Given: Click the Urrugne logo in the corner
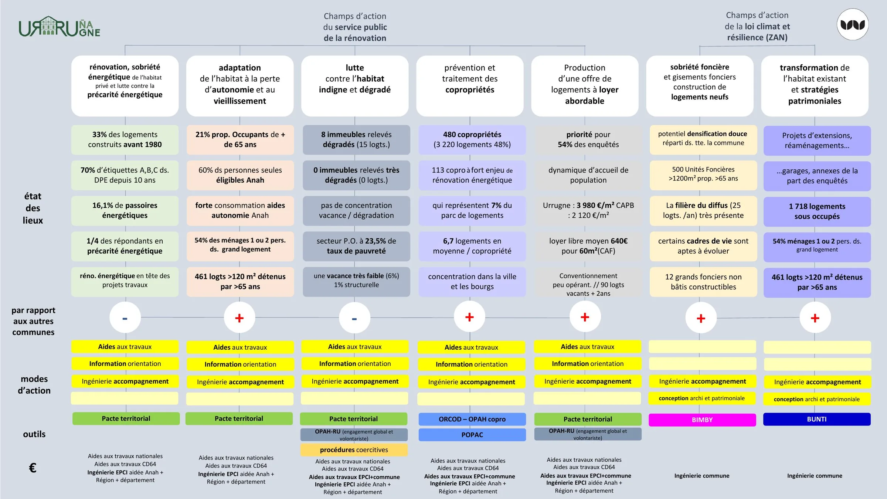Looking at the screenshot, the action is coord(60,27).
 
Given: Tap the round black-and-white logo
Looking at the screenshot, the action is coord(853,24).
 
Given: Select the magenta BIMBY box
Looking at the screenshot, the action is coord(702,420).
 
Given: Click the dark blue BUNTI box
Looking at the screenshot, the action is coord(817,419).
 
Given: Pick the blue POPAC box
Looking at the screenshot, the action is coord(472,435).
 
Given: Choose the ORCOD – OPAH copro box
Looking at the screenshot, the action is coord(472,419).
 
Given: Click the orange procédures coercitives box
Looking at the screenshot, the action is coord(354,450).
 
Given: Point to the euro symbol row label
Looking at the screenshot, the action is coord(33,468).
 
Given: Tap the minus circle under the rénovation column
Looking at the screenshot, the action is coord(125,318).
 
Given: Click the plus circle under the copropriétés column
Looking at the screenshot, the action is coord(469,317).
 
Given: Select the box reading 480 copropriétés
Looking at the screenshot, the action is coord(472,140).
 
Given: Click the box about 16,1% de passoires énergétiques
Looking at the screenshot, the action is coord(125,211).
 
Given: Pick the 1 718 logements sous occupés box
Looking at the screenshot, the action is coord(817,211).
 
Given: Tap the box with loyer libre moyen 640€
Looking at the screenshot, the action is coord(588,246).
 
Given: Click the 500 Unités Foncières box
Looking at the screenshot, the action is coord(703,175).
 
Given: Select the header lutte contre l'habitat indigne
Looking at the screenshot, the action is coord(355,86).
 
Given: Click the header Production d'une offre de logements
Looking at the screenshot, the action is coord(585,86).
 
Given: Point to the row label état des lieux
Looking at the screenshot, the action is coord(33,208).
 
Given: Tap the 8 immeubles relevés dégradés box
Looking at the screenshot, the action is coord(356,140).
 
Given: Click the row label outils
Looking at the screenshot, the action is coord(34,434).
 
